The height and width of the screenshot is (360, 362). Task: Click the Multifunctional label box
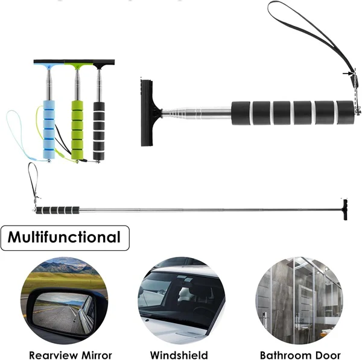pyautogui.click(x=65, y=237)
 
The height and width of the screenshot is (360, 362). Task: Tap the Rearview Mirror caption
pyautogui.click(x=71, y=355)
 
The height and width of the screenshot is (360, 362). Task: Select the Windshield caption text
pyautogui.click(x=179, y=355)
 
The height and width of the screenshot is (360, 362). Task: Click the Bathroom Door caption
pyautogui.click(x=300, y=355)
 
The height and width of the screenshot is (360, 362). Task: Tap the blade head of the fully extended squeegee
pyautogui.click(x=344, y=209)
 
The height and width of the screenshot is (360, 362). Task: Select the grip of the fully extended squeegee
pyautogui.click(x=58, y=210)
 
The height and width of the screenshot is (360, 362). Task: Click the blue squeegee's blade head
pyautogui.click(x=48, y=63)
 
